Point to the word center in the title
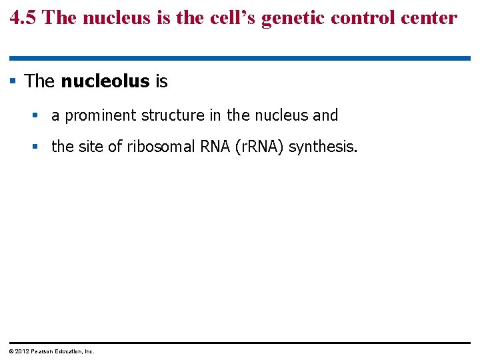click(x=434, y=18)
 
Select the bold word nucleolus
click(x=105, y=81)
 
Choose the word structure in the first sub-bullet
click(x=173, y=115)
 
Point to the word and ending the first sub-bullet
click(x=325, y=115)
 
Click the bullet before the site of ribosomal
click(x=35, y=146)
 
